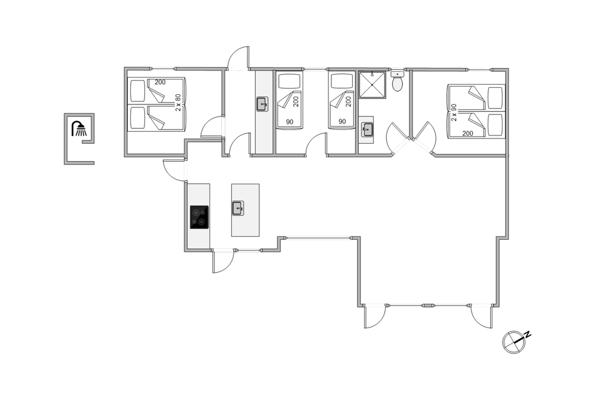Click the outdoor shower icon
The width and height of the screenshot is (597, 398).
[79, 129]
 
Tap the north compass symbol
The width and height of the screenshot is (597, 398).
[513, 342]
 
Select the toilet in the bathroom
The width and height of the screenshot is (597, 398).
[398, 81]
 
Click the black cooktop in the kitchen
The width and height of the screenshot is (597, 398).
[199, 217]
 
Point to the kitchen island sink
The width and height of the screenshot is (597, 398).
[238, 208]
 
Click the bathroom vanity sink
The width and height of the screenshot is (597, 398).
[367, 129]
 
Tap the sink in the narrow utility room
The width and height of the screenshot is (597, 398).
[262, 104]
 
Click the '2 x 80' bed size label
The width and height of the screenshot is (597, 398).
[178, 103]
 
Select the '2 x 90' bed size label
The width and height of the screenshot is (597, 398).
[454, 113]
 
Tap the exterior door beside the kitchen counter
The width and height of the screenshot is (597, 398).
[174, 170]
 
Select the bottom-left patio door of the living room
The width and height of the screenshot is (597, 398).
[375, 317]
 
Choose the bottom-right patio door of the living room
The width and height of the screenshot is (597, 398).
[482, 317]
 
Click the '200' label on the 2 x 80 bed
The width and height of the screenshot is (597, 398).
[160, 82]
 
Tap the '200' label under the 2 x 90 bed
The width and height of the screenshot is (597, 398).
[467, 133]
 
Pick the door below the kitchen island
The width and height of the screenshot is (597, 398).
[223, 261]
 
